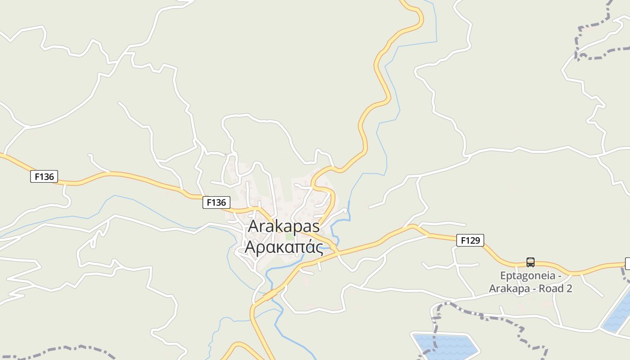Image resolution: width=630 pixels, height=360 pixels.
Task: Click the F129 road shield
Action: tap(470, 240)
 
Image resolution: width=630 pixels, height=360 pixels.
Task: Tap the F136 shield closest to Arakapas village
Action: tap(216, 202)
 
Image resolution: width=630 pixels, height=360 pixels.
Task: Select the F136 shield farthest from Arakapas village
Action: tap(44, 176)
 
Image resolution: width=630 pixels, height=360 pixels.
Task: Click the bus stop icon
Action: tap(531, 262)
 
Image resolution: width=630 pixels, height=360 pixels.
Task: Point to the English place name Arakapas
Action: tap(283, 226)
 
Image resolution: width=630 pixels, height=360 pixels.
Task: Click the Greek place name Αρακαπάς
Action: tap(283, 247)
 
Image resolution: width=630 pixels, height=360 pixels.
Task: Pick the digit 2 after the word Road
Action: tap(569, 288)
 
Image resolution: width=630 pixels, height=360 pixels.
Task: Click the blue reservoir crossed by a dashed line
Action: tap(445, 346)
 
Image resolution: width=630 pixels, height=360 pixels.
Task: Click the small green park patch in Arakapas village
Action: tap(289, 237)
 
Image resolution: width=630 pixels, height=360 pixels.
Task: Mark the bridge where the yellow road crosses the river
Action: tap(271, 295)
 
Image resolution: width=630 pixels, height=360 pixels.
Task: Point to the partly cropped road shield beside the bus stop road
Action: tap(628, 264)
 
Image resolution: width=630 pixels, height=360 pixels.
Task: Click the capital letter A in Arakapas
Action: tap(254, 226)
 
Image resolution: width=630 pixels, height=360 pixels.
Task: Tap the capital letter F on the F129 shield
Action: tap(463, 240)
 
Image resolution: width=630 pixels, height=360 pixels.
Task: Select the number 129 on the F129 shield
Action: tap(473, 240)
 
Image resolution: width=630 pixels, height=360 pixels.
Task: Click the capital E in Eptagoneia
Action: tap(503, 275)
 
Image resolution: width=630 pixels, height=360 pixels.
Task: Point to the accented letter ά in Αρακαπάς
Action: tap(309, 247)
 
